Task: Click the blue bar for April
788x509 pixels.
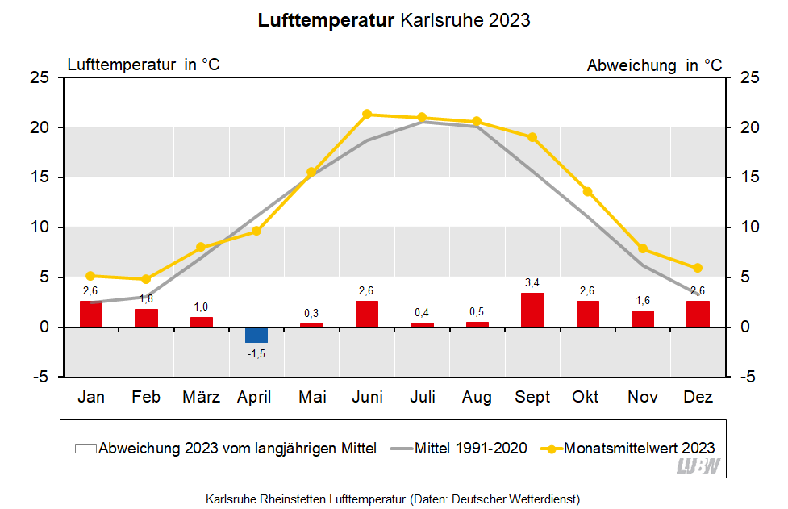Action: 256,335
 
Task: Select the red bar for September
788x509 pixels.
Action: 532,310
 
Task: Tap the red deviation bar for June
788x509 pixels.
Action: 367,314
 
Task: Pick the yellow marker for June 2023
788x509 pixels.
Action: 367,114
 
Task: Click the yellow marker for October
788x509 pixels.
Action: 587,191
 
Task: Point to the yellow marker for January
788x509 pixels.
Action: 90,276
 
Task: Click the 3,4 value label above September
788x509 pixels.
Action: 532,283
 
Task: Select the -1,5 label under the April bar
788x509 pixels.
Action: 256,354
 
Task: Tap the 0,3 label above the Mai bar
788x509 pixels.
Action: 311,313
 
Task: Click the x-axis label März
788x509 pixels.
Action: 201,397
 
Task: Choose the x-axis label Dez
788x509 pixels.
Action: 698,397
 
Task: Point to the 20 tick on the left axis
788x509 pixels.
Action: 41,127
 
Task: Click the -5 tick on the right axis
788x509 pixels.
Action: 747,377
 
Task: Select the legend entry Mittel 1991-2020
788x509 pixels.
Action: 471,449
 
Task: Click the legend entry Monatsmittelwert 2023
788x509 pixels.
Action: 639,449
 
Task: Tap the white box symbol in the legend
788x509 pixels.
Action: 85,449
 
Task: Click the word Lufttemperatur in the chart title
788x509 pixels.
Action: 326,21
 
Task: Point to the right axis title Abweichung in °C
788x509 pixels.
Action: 654,65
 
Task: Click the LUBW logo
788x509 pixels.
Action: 698,465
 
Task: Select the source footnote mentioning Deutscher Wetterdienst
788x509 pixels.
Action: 393,499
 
